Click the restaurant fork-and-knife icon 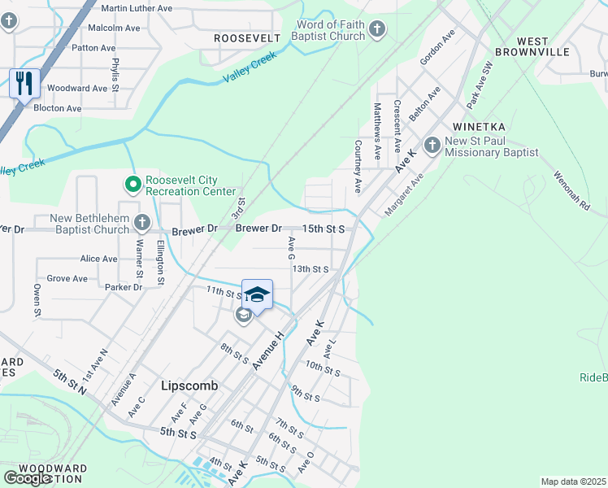coord(24,83)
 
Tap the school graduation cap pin coord(257,294)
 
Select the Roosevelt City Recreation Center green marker coord(132,185)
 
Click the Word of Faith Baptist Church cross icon coord(376,30)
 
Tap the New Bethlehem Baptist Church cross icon coord(142,223)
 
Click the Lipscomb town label coord(189,386)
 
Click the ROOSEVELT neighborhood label coord(246,38)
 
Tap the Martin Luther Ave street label coord(137,8)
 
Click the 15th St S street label coord(324,229)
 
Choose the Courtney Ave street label coord(358,167)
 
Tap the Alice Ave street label coord(98,259)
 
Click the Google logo coord(28,477)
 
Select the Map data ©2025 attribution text coord(573,481)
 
